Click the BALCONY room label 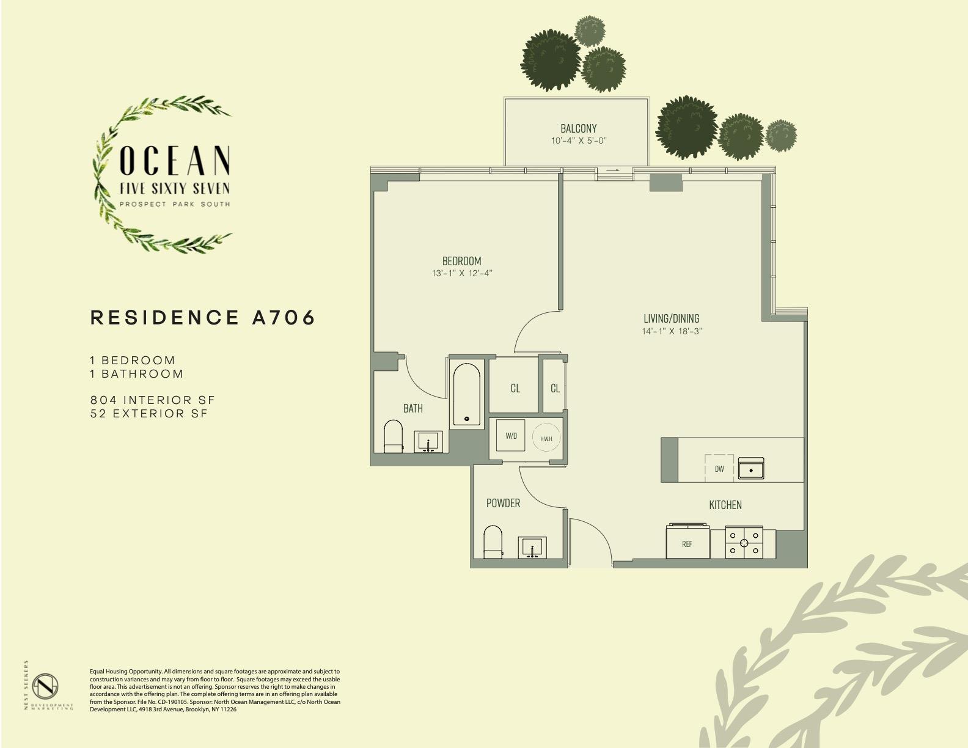pyautogui.click(x=578, y=128)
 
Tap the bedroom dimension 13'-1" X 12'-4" pyautogui.click(x=461, y=273)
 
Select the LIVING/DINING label pyautogui.click(x=672, y=318)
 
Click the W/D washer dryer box pyautogui.click(x=512, y=436)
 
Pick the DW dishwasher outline pyautogui.click(x=719, y=468)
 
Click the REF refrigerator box pyautogui.click(x=687, y=541)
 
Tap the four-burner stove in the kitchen pyautogui.click(x=744, y=543)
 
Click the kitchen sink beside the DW pyautogui.click(x=751, y=469)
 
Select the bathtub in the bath pyautogui.click(x=466, y=395)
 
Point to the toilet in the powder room pyautogui.click(x=493, y=541)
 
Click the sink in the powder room pyautogui.click(x=532, y=548)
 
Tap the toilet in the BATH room pyautogui.click(x=393, y=436)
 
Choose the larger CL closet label pyautogui.click(x=515, y=389)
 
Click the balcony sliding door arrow pyautogui.click(x=614, y=170)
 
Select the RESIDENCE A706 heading pyautogui.click(x=203, y=318)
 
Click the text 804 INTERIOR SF pyautogui.click(x=152, y=400)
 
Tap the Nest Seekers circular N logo pyautogui.click(x=46, y=686)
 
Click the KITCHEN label pyautogui.click(x=725, y=505)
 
